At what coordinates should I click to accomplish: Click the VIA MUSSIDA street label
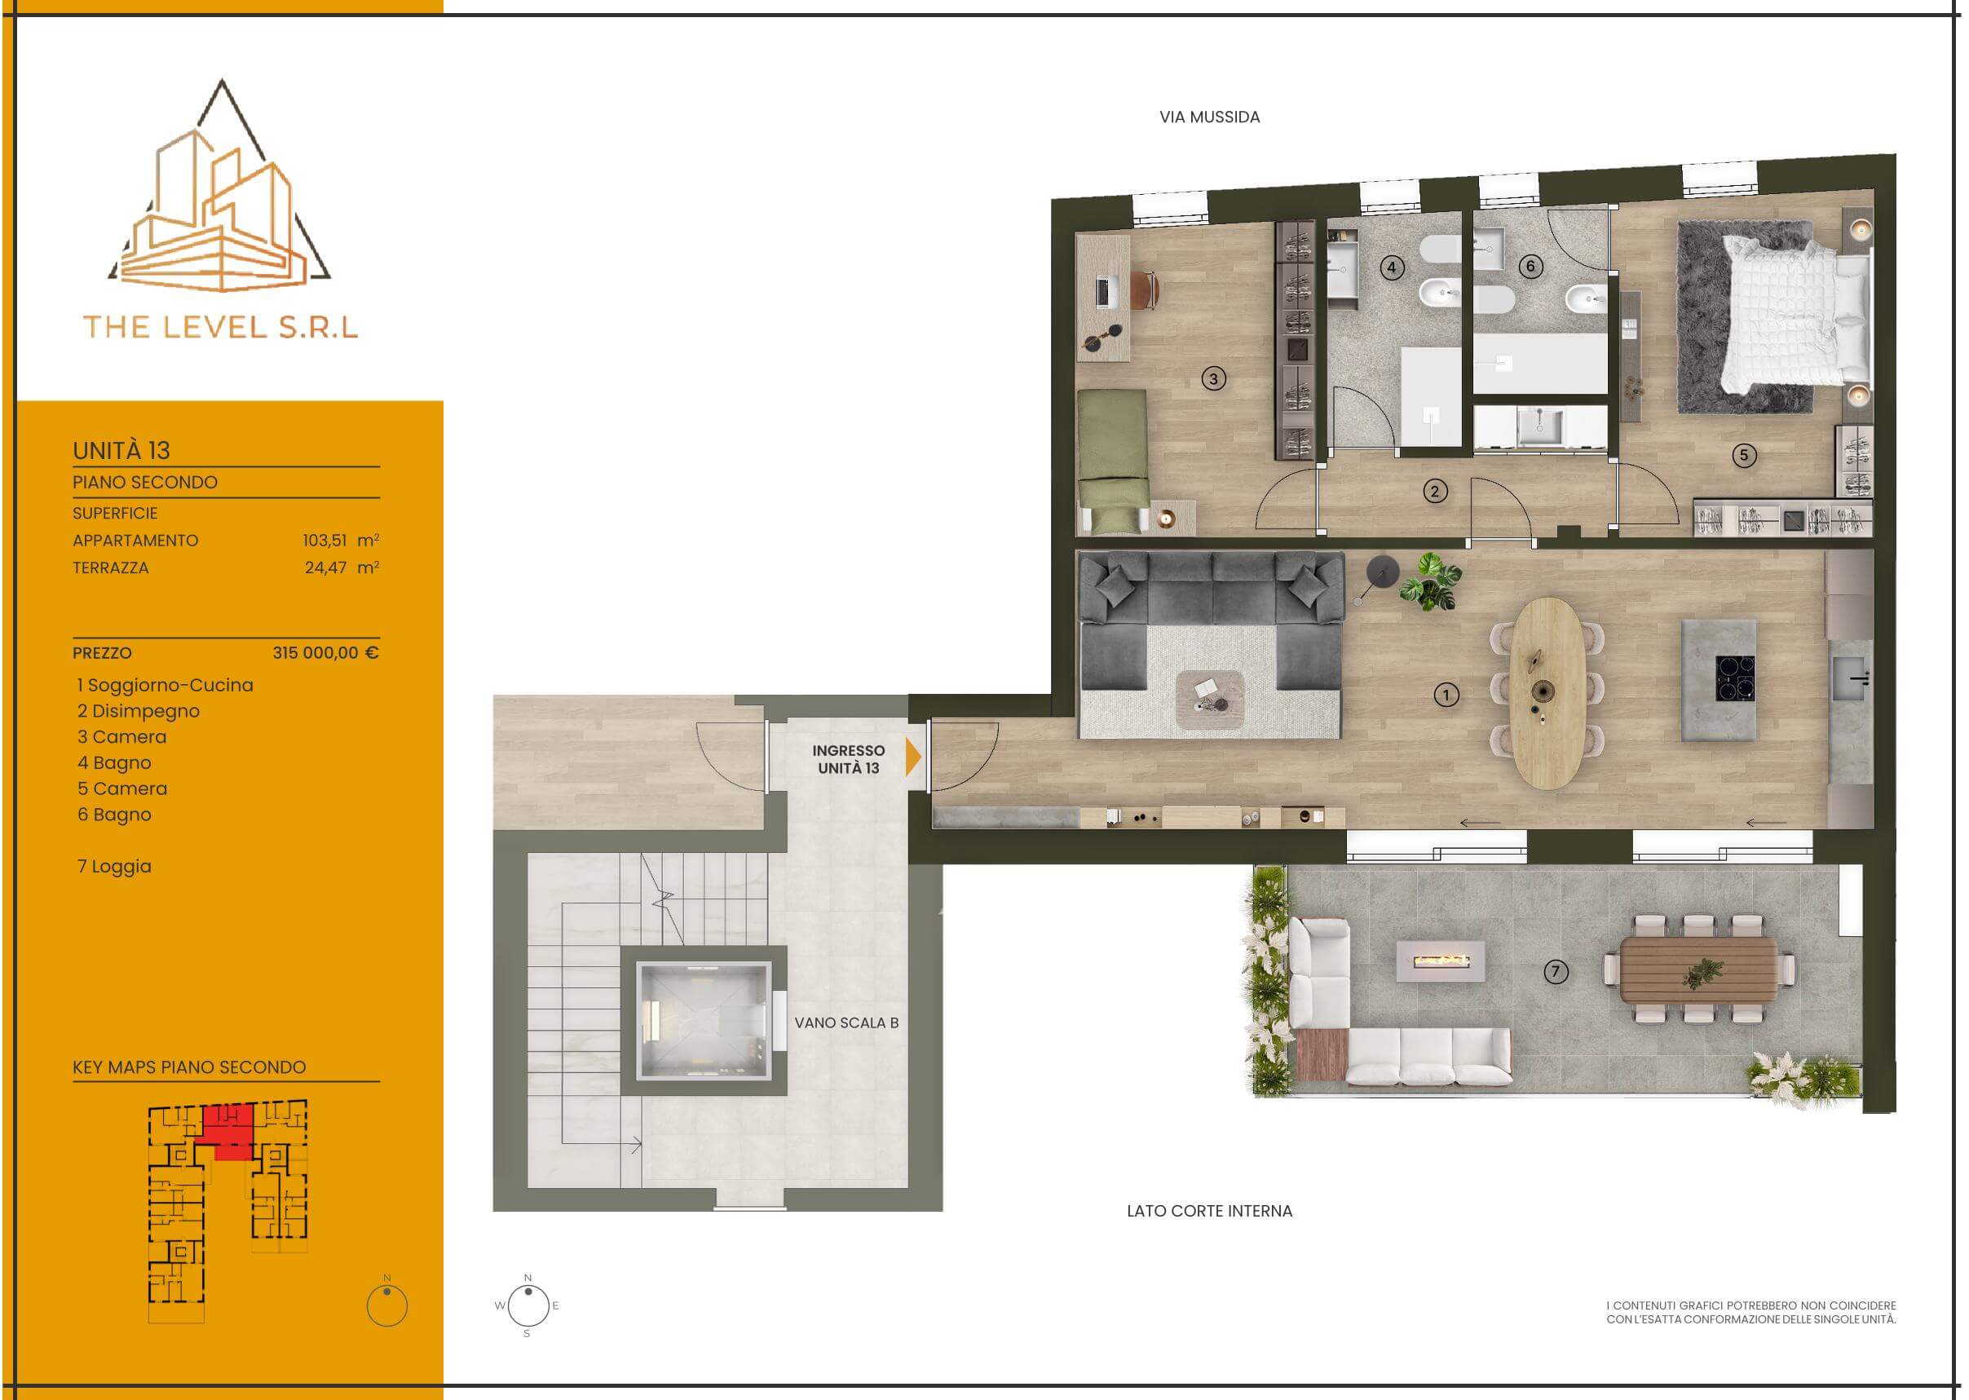(1208, 117)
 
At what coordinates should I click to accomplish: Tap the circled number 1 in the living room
(1446, 695)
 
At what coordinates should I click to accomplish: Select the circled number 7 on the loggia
(1555, 972)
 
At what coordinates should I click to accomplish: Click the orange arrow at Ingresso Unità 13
(913, 757)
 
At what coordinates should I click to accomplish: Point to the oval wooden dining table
(1549, 694)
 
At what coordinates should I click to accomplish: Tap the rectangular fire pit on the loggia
(1441, 961)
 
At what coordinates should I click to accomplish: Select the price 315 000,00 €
(326, 652)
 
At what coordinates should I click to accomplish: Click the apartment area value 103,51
(324, 541)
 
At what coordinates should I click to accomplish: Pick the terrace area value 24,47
(326, 568)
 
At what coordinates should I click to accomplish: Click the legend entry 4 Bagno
(115, 763)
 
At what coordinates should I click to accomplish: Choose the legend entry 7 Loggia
(115, 867)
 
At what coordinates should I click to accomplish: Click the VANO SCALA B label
(846, 1022)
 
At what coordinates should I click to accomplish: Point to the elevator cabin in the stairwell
(703, 1021)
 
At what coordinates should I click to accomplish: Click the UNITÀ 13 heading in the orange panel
(121, 451)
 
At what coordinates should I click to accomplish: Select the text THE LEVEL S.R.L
(221, 327)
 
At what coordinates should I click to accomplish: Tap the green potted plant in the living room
(1430, 581)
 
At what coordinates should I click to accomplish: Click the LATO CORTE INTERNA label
(1209, 1211)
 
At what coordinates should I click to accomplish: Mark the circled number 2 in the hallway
(1434, 492)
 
